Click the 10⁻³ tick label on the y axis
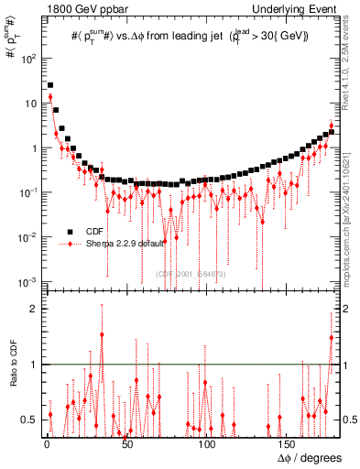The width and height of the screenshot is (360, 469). point(27,281)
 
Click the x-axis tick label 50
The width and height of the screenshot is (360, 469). point(127,444)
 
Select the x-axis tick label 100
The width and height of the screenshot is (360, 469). point(207,444)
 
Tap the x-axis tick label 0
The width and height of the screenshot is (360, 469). point(47,444)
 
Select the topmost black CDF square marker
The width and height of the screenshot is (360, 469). point(49,85)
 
